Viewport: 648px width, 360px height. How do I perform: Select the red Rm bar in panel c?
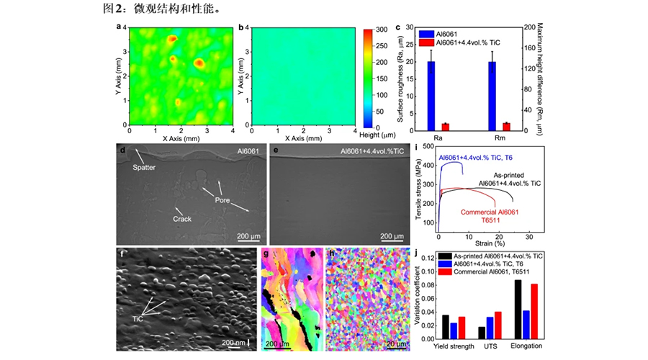[x=506, y=127]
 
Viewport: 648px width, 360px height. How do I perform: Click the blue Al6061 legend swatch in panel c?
[x=425, y=33]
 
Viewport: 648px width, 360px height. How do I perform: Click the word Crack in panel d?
[x=184, y=219]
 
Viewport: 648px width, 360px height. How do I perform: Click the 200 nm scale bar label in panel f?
[x=233, y=342]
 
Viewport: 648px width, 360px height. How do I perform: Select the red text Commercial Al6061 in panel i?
[x=488, y=213]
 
